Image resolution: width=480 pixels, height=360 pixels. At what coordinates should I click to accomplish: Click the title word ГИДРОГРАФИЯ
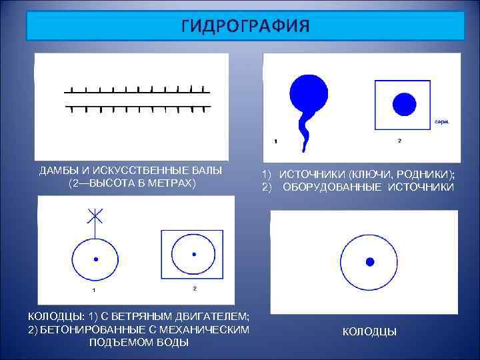[245, 26]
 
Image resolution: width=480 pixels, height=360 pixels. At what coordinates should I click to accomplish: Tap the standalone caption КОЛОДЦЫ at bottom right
[369, 331]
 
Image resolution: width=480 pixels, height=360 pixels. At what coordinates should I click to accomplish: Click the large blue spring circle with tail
[308, 93]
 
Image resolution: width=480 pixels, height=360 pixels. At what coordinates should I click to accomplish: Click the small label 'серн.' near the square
[441, 122]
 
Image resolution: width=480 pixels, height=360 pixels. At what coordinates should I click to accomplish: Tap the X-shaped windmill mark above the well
[95, 216]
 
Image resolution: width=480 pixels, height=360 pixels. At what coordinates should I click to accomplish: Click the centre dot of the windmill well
[96, 259]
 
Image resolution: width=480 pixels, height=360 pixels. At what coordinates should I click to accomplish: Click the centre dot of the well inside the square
[194, 254]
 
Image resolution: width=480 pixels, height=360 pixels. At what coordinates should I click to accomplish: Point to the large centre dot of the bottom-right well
[370, 261]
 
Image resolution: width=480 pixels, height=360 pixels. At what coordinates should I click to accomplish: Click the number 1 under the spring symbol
[276, 141]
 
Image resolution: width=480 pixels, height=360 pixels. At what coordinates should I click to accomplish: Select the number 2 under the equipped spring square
[399, 141]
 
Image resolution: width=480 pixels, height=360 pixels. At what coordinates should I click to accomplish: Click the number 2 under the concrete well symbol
[194, 288]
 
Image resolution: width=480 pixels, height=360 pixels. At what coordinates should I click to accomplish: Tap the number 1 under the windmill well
[93, 290]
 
